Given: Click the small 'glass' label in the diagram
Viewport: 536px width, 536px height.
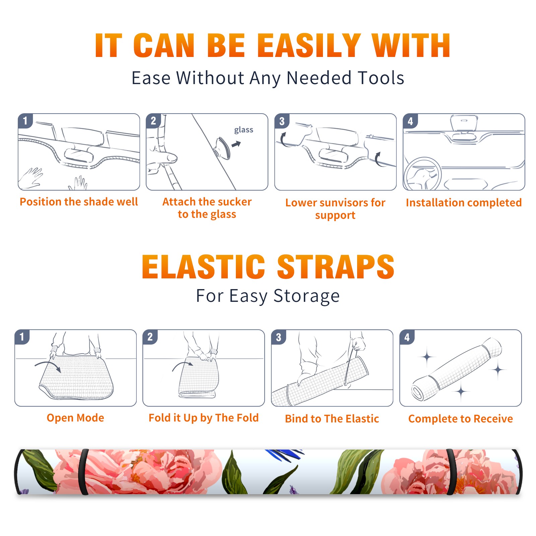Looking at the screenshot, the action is [x=244, y=130].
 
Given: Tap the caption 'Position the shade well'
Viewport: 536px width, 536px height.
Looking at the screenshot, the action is [x=79, y=202].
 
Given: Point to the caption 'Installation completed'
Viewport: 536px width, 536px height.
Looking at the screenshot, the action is [x=464, y=203].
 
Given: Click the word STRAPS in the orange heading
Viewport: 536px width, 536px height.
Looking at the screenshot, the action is [x=336, y=267].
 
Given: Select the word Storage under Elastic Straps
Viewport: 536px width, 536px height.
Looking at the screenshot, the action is [x=307, y=296].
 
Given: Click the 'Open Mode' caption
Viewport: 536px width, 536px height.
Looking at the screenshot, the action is [x=75, y=418].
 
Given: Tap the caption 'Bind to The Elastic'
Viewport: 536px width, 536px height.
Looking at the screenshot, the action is [x=332, y=419].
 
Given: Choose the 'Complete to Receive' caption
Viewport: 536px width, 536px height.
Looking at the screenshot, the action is [x=461, y=419].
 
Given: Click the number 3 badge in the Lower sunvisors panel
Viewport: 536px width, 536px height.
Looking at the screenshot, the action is [x=282, y=121].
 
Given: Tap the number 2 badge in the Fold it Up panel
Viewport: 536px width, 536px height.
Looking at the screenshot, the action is [x=150, y=337].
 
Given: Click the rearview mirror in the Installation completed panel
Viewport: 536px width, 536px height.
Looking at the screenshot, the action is [x=464, y=123].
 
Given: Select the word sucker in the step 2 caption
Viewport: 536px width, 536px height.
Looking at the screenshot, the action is [x=234, y=202].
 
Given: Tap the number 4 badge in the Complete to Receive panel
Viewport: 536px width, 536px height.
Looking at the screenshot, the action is [x=407, y=337].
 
